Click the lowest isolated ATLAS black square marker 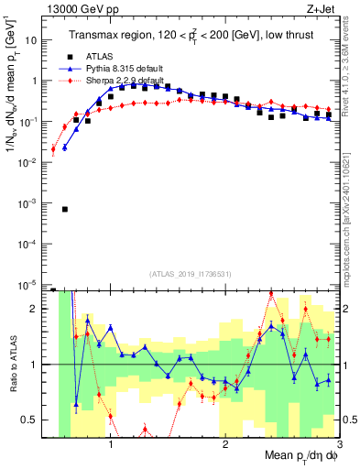coord(65,209)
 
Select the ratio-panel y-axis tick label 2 coord(38,309)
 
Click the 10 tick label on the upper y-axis coord(33,40)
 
